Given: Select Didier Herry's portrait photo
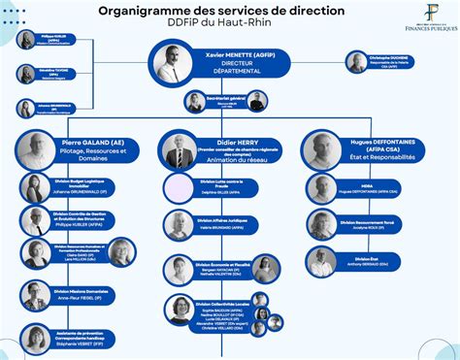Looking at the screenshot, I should pyautogui.click(x=179, y=151).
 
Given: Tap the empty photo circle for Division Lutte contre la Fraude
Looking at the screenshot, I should pyautogui.click(x=180, y=189).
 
